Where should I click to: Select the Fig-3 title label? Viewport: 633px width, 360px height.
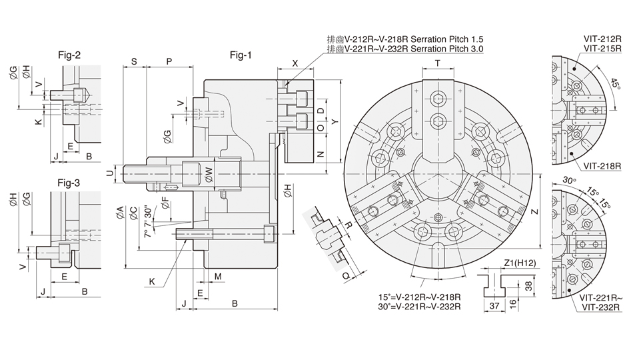[x=69, y=182]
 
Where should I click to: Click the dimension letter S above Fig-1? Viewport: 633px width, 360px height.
[x=134, y=61]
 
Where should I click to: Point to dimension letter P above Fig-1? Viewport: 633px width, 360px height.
[x=169, y=61]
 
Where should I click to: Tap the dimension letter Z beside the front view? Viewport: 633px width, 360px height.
[x=534, y=212]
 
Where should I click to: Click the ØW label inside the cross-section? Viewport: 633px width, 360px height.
[x=208, y=173]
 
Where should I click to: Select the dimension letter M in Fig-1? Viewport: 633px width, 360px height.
[x=218, y=276]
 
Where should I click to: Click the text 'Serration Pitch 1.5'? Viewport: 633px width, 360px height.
[x=446, y=39]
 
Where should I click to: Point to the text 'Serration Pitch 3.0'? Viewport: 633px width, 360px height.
[x=446, y=49]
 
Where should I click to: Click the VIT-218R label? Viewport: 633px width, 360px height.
[x=602, y=165]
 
